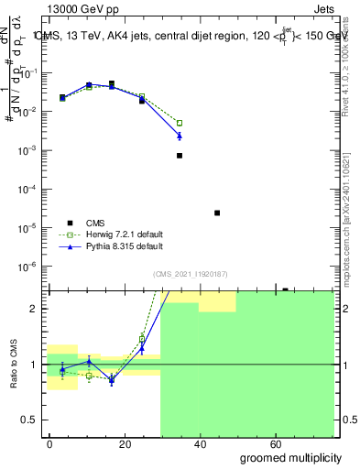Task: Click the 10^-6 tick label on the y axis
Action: click(27, 267)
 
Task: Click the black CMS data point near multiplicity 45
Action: click(217, 213)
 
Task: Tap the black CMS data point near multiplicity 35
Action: click(180, 156)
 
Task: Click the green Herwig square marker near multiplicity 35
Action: click(180, 123)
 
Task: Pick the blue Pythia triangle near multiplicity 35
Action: click(180, 136)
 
